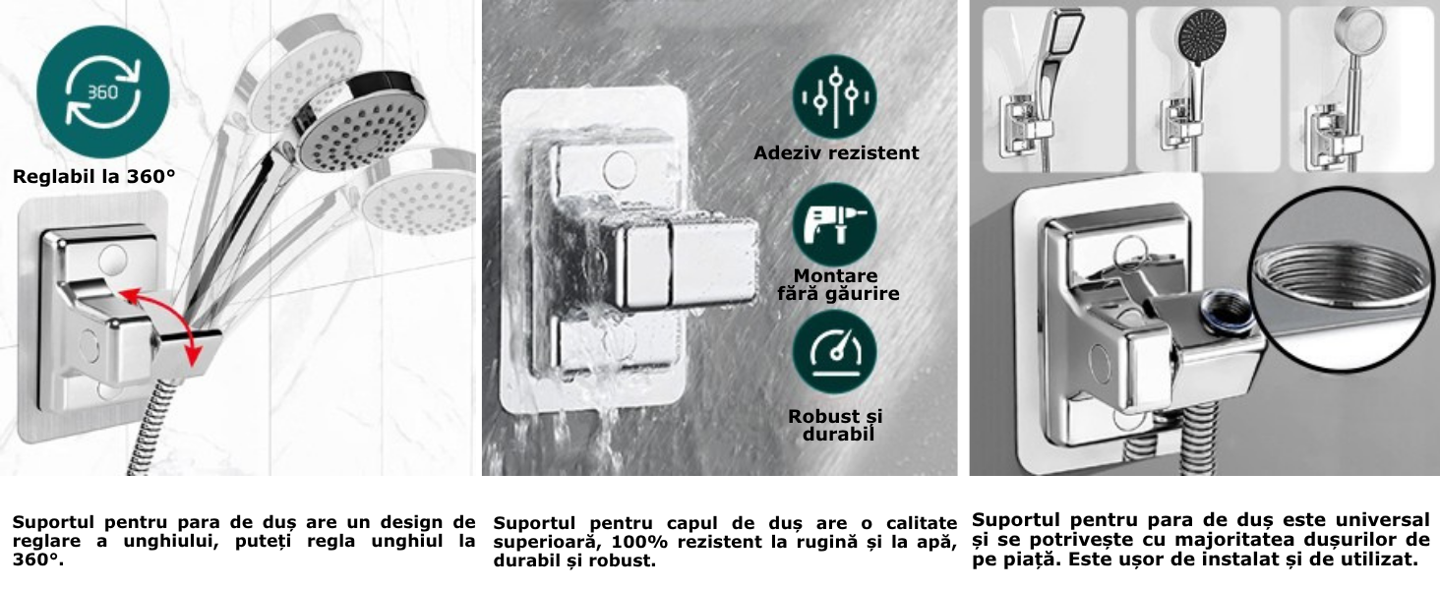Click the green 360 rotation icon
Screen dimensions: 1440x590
[x=103, y=91]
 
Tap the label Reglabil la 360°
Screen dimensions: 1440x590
[x=93, y=177]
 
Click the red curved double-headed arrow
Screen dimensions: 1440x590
[x=165, y=325]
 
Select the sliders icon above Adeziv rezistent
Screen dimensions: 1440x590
[x=835, y=96]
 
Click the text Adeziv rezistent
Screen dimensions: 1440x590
[x=836, y=153]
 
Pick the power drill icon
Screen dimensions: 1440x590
[x=835, y=224]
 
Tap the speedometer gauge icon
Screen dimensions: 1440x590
[x=835, y=352]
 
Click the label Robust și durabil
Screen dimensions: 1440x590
[x=837, y=425]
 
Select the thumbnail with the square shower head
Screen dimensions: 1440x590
[x=1054, y=88]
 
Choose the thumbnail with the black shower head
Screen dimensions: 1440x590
[x=1208, y=88]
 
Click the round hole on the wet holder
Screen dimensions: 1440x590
[x=620, y=168]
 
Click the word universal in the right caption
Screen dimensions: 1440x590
[x=1382, y=519]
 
